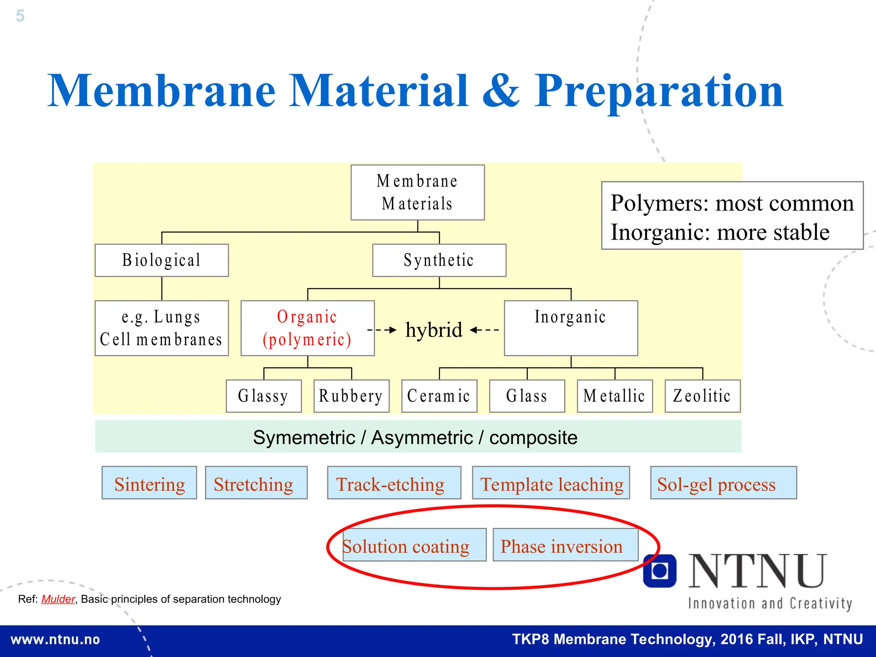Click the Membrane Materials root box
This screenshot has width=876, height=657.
tap(417, 192)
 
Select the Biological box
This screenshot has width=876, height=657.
tap(162, 260)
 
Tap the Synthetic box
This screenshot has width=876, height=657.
tap(439, 260)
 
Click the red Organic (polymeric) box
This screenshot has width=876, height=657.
tap(308, 328)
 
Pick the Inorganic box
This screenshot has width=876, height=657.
tap(571, 328)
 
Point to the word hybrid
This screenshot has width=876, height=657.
tap(434, 330)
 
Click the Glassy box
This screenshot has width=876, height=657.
tap(263, 396)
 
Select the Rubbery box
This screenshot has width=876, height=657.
tap(351, 396)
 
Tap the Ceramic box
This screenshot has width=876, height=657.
tap(439, 396)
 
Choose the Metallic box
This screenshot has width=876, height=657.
tap(615, 396)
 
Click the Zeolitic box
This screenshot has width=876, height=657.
tap(702, 396)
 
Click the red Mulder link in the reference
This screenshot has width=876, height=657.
tap(58, 599)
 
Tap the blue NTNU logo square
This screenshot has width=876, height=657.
tap(660, 571)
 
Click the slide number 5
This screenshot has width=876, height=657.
tap(20, 16)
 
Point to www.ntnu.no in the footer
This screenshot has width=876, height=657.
tap(55, 640)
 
